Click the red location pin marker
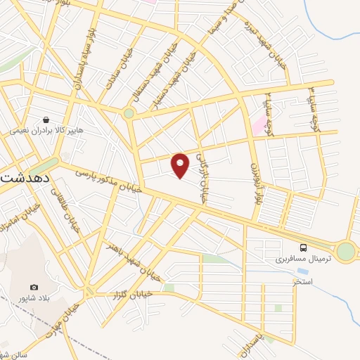point(181,165)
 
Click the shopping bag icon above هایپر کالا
point(46,120)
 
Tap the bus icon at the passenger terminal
point(303,247)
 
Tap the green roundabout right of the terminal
point(345,252)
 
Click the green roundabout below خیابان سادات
point(129,112)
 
